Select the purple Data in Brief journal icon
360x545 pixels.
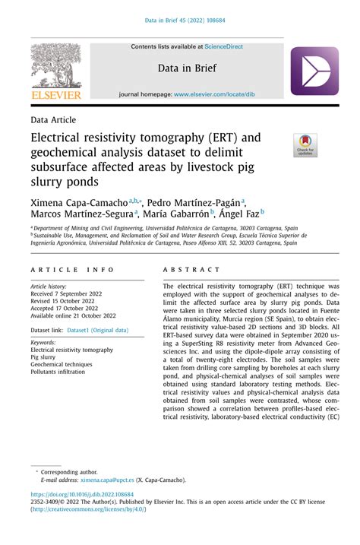pyautogui.click(x=314, y=71)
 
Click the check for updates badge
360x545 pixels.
pyautogui.click(x=306, y=144)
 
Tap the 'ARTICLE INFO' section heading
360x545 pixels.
pyautogui.click(x=73, y=270)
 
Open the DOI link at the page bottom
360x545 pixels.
pyautogui.click(x=81, y=493)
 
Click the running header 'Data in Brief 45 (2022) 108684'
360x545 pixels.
pyautogui.click(x=180, y=20)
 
